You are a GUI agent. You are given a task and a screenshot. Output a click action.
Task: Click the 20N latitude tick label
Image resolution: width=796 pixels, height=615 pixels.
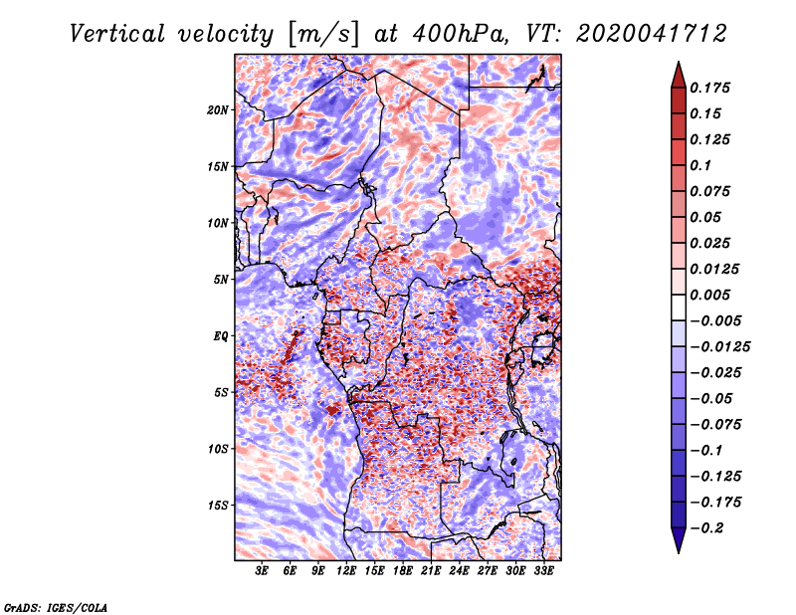218,110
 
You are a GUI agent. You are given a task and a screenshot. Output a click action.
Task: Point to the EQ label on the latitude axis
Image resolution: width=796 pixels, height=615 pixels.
221,336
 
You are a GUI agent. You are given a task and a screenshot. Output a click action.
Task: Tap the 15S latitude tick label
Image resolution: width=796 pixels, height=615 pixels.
218,506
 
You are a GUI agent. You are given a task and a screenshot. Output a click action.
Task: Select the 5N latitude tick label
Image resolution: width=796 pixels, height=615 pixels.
221,280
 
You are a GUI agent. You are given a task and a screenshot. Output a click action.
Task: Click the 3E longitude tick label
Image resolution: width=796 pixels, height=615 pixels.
262,571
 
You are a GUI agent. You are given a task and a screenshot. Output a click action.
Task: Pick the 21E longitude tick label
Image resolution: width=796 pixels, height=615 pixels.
431,571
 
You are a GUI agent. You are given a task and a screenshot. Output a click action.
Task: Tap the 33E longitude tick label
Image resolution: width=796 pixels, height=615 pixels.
543,571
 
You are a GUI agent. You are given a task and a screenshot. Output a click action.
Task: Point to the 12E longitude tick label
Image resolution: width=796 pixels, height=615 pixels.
346,571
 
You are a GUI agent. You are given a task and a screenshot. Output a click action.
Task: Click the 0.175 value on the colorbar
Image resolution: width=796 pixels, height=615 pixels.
709,88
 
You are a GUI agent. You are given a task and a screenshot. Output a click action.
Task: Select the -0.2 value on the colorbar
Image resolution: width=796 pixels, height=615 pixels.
706,528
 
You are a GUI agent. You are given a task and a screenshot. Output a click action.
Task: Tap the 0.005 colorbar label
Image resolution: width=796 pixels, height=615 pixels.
709,295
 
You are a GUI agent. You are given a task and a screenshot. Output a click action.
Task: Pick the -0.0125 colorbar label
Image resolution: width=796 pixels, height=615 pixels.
719,347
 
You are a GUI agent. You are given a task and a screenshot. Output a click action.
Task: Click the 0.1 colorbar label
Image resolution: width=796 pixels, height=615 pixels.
700,165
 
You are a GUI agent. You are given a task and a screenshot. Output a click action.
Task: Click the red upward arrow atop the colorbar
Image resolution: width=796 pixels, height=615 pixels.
679,75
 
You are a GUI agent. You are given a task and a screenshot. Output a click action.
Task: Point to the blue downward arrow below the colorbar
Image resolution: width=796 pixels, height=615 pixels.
679,540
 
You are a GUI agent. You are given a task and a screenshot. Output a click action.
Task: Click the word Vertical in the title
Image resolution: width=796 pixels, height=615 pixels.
117,34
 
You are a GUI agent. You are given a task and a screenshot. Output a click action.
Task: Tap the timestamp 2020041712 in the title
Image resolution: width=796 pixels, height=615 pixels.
652,34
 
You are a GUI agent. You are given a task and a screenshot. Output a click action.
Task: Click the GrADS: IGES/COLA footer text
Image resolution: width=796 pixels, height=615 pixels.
56,607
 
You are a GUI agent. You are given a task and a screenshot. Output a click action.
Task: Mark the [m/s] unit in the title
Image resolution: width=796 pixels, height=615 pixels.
323,34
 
